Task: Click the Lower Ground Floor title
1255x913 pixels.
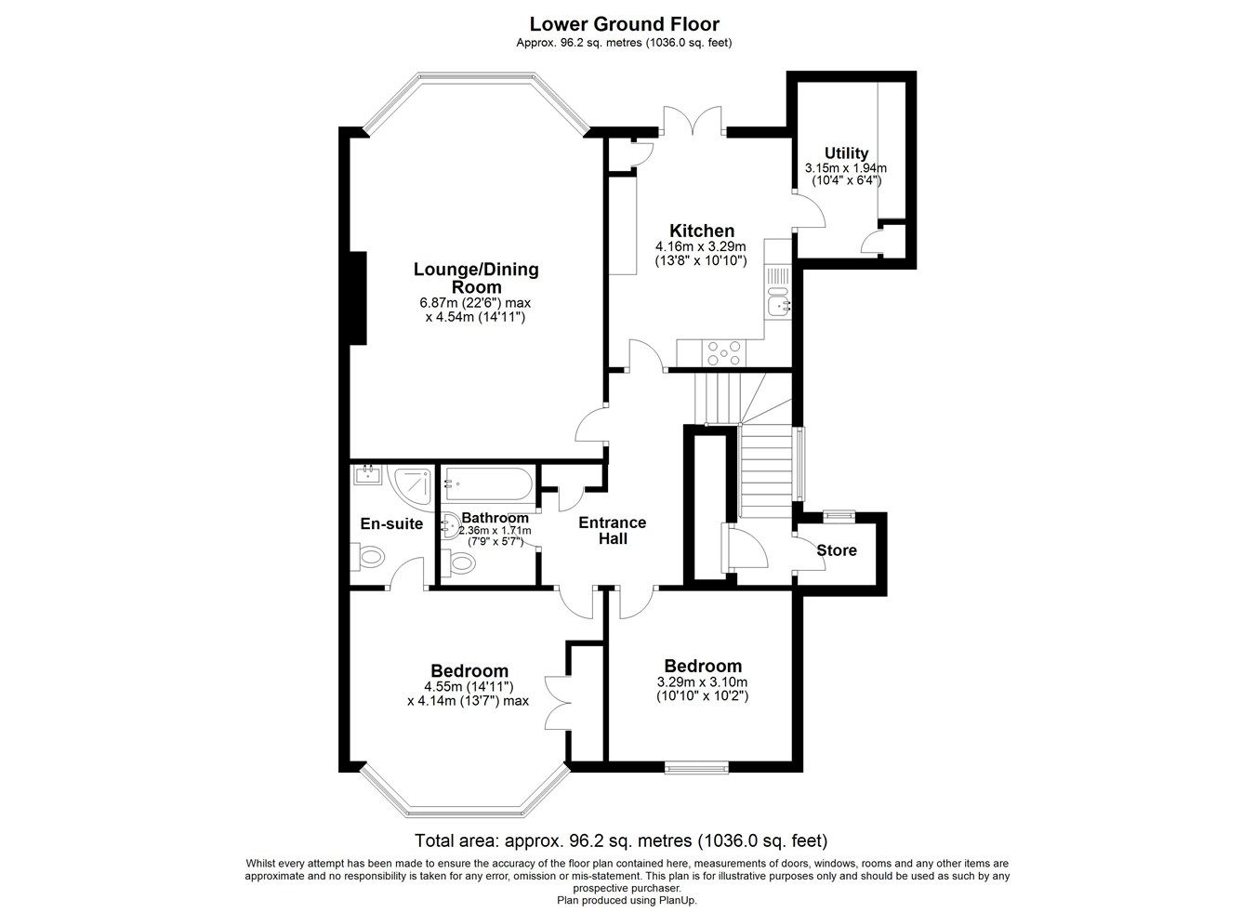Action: pos(624,24)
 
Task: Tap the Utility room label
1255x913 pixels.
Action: pos(846,153)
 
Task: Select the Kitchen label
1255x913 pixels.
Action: pos(702,231)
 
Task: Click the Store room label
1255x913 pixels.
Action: pos(837,549)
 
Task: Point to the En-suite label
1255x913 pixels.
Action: pos(391,523)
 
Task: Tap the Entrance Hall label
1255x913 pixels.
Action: pos(613,531)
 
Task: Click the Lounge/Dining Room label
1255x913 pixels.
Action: pos(476,278)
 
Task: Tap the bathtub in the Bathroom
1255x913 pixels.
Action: pos(487,483)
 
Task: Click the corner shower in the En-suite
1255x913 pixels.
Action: pos(413,487)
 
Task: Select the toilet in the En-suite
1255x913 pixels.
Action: pos(367,557)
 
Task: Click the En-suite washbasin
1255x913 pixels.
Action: pos(367,475)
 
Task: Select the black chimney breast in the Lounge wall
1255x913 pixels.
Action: pos(358,298)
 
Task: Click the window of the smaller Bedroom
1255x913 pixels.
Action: pos(696,767)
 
